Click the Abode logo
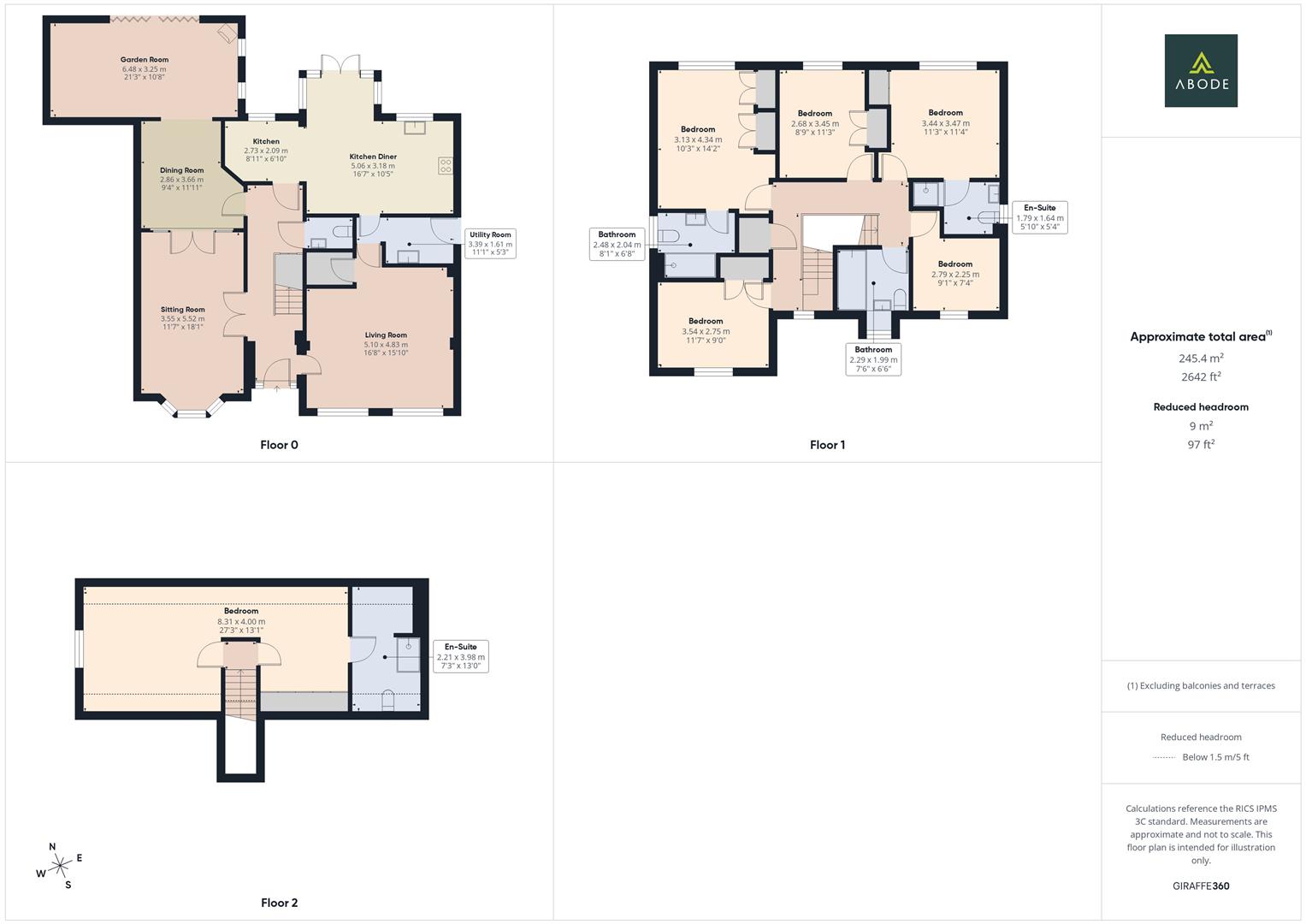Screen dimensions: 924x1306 click(x=1201, y=71)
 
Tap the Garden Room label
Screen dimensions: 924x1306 click(x=145, y=60)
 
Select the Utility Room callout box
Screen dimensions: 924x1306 click(x=490, y=244)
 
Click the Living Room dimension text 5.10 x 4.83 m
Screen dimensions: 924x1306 click(x=386, y=345)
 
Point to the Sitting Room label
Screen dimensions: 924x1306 click(x=183, y=310)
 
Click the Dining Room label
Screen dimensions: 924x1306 click(x=182, y=170)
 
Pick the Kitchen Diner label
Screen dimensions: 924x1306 click(x=373, y=157)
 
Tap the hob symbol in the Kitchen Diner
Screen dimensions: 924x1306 click(x=446, y=166)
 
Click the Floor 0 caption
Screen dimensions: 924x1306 click(x=279, y=445)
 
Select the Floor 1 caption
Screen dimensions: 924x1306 click(x=827, y=445)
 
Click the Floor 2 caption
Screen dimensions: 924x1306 click(x=279, y=903)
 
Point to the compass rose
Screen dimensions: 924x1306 click(x=59, y=866)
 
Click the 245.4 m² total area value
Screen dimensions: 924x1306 click(x=1201, y=358)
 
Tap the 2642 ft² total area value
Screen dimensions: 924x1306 click(x=1201, y=376)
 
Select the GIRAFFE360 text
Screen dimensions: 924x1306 click(x=1201, y=886)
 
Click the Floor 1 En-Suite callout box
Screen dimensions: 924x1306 click(x=1039, y=217)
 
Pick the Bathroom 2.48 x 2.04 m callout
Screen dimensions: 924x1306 click(x=617, y=244)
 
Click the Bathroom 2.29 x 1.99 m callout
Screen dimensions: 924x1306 click(x=873, y=359)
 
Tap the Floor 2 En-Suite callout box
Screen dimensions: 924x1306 click(x=460, y=656)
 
